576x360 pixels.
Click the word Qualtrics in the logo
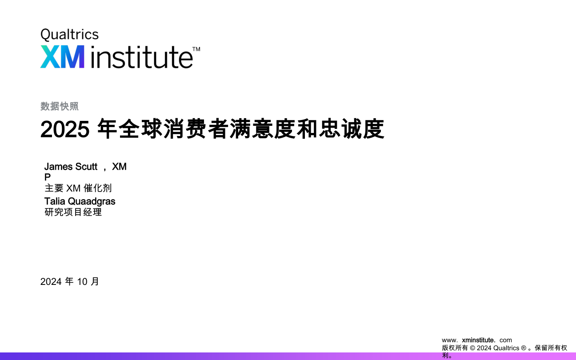[x=69, y=35]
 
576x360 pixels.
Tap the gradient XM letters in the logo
[x=62, y=56]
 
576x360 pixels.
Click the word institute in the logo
[x=142, y=56]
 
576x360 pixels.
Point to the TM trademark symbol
[x=196, y=49]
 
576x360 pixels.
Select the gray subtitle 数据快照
[x=60, y=106]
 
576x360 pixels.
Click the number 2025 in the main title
[x=65, y=129]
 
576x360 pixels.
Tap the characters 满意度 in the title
[x=262, y=129]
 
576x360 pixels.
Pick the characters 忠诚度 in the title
[x=352, y=129]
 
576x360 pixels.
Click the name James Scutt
[x=71, y=167]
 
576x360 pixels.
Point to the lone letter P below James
[x=48, y=177]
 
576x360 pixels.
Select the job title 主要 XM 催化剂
[x=78, y=188]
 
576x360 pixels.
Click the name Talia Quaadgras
[x=80, y=201]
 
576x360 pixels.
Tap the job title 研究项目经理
[x=73, y=212]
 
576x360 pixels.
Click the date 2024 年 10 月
[x=69, y=282]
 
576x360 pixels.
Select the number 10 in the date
[x=82, y=282]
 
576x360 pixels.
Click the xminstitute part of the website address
[x=479, y=340]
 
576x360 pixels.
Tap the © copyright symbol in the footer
[x=472, y=348]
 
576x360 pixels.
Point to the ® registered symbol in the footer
[x=524, y=348]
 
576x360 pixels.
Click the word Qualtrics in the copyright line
[x=506, y=348]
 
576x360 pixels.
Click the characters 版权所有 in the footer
[x=455, y=348]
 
